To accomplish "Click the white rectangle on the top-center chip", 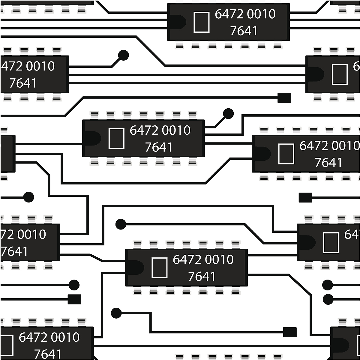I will coord(201,22).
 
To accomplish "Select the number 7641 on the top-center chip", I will coord(244,31).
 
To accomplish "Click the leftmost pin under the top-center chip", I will coord(179,46).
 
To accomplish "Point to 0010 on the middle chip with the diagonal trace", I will coord(176,130).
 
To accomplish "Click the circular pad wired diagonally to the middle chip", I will coord(228,114).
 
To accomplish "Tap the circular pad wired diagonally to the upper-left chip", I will coord(123,55).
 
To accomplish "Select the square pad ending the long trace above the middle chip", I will coord(284,98).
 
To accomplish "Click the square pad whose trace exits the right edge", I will coord(305,198).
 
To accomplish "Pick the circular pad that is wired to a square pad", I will coord(116,313).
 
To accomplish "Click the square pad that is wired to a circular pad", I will coord(290,332).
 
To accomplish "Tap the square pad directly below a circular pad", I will coord(74,299).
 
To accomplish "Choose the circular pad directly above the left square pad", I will coord(74,285).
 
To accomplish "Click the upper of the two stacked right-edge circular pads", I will coord(328,285).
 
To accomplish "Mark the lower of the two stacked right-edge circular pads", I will coord(328,299).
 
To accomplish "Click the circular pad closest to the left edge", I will coord(28,197).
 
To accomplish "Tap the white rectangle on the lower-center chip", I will coord(159,268).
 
